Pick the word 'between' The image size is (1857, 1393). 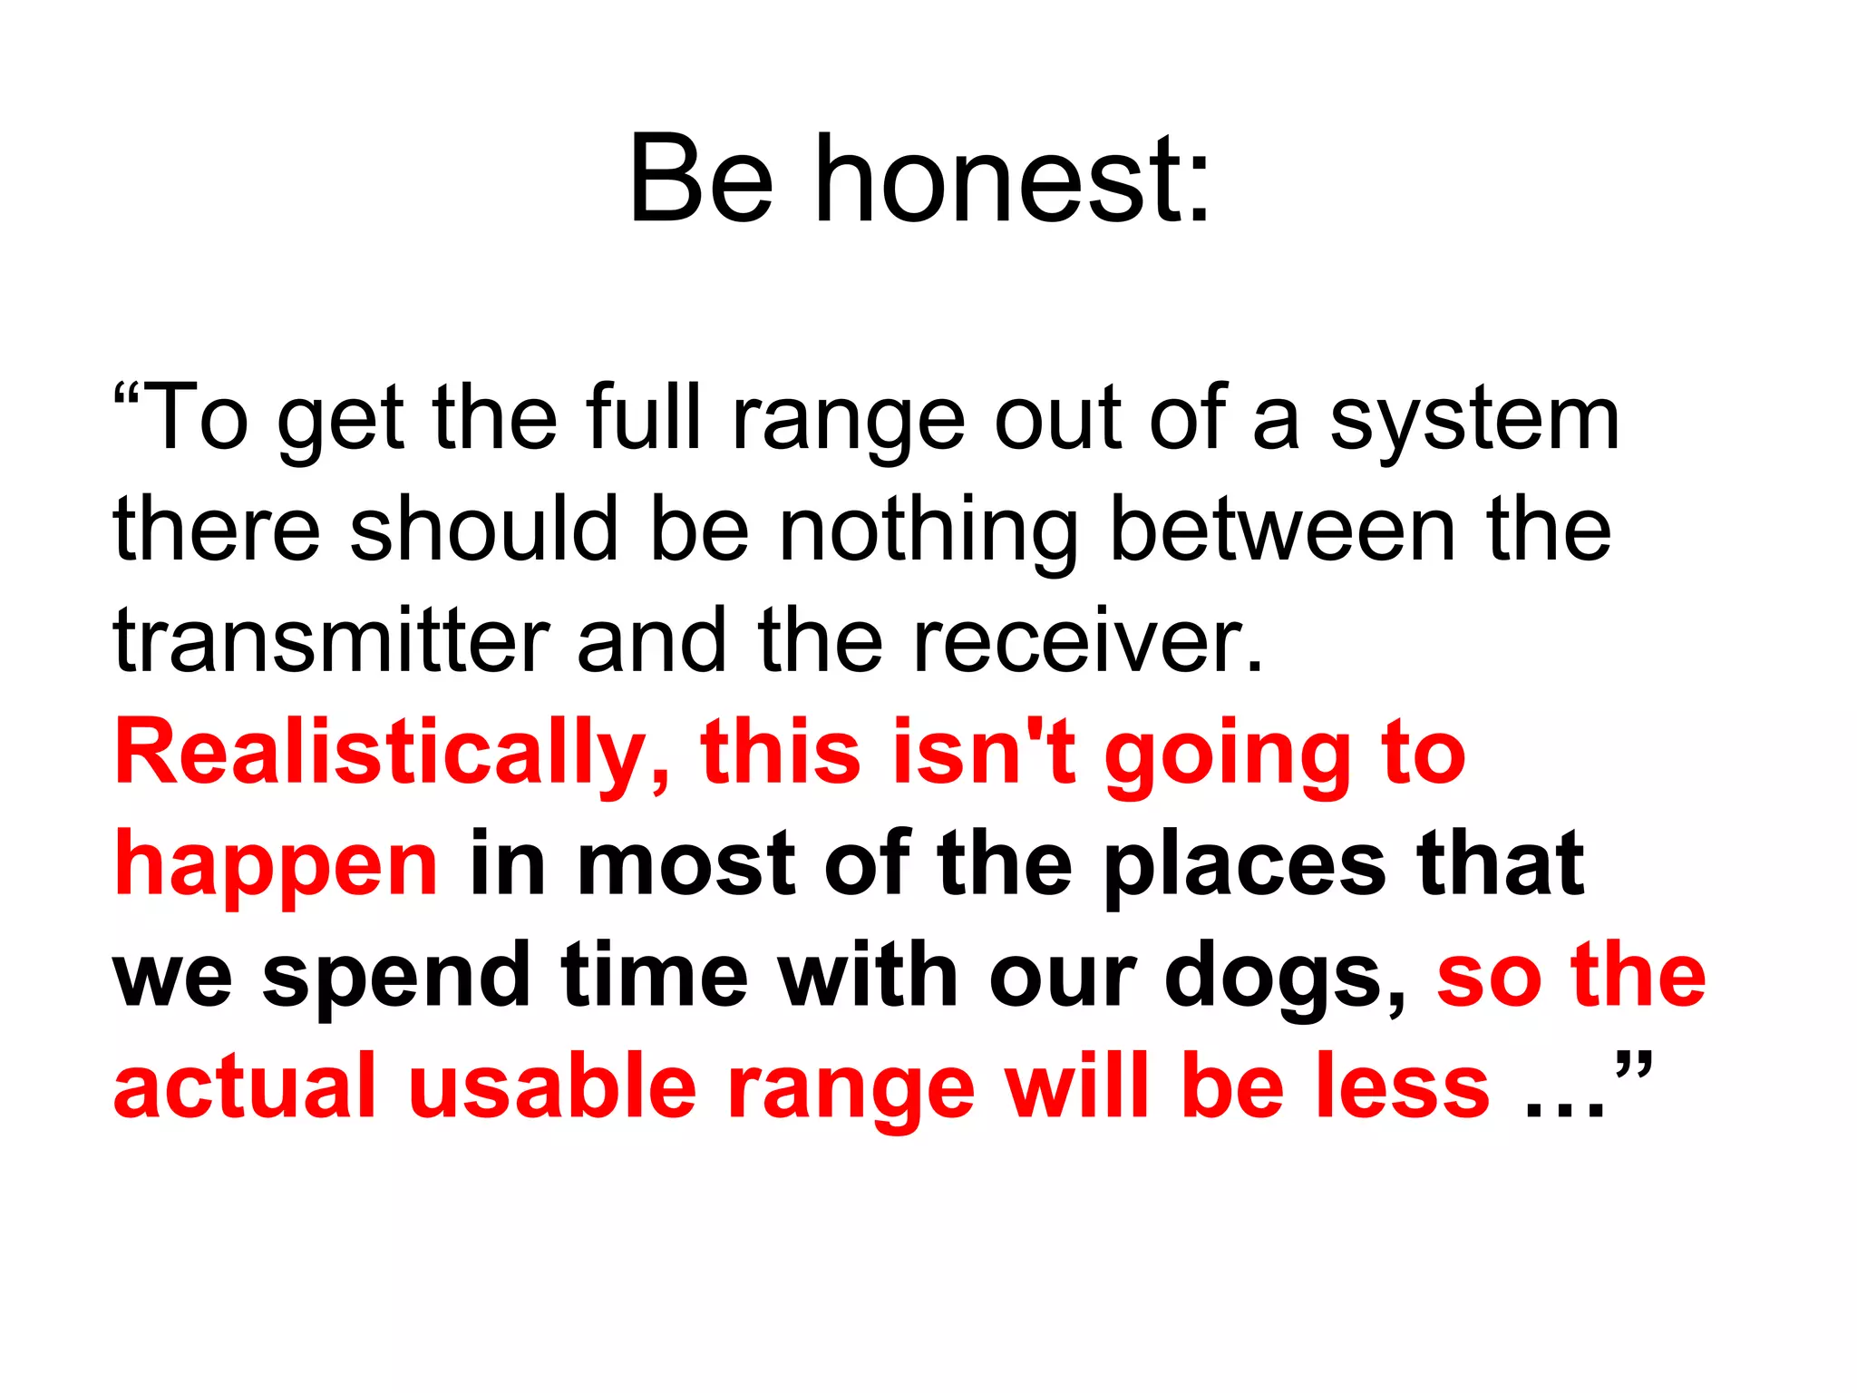[1282, 530]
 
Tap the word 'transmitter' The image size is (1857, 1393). [331, 641]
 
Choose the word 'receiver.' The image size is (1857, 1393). [1087, 641]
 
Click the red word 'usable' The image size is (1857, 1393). [552, 1086]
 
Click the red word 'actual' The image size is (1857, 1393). [245, 1086]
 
